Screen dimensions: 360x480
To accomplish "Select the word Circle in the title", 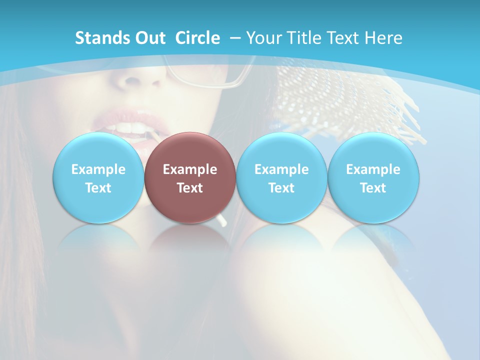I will [x=197, y=38].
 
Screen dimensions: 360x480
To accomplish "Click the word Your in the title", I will [x=263, y=38].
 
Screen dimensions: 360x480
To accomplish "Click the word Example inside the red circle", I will [x=190, y=169].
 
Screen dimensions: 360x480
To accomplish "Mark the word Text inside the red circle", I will [x=190, y=188].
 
